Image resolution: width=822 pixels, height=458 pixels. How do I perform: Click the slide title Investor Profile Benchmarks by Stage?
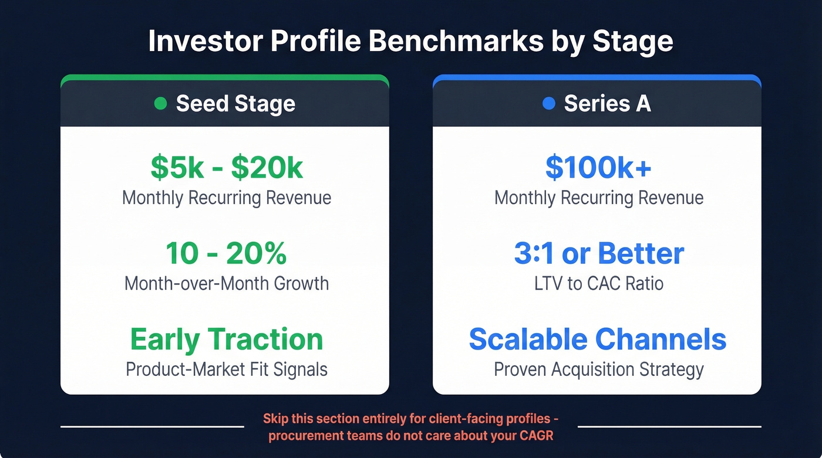[410, 42]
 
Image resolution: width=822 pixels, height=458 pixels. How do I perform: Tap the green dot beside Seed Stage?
[160, 104]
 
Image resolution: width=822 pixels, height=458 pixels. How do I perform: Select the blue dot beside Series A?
[548, 104]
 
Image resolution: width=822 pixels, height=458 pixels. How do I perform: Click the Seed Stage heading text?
[235, 104]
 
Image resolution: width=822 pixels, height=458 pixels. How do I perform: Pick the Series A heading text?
[607, 104]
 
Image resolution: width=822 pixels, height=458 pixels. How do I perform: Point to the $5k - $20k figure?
[227, 168]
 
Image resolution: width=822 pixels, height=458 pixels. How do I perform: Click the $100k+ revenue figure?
[598, 168]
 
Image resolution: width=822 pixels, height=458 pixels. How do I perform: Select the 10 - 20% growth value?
[226, 253]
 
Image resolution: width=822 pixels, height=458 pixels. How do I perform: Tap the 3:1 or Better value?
[599, 253]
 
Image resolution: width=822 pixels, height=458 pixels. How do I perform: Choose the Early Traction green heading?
[227, 340]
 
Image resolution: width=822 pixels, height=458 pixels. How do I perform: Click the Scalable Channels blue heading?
[598, 340]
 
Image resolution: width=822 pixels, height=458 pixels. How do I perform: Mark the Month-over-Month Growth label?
[227, 284]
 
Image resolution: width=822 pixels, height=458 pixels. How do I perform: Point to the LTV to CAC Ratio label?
[599, 284]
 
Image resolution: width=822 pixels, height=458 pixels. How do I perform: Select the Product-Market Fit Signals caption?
[227, 369]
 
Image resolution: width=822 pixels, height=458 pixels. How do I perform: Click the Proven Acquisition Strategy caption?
[598, 369]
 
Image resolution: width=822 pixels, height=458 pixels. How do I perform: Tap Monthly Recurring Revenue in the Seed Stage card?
[227, 198]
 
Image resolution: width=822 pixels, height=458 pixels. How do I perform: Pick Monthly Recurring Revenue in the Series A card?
[599, 198]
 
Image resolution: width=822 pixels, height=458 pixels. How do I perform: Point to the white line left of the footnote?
[152, 426]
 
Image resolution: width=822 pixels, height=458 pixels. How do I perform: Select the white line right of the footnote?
[669, 426]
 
